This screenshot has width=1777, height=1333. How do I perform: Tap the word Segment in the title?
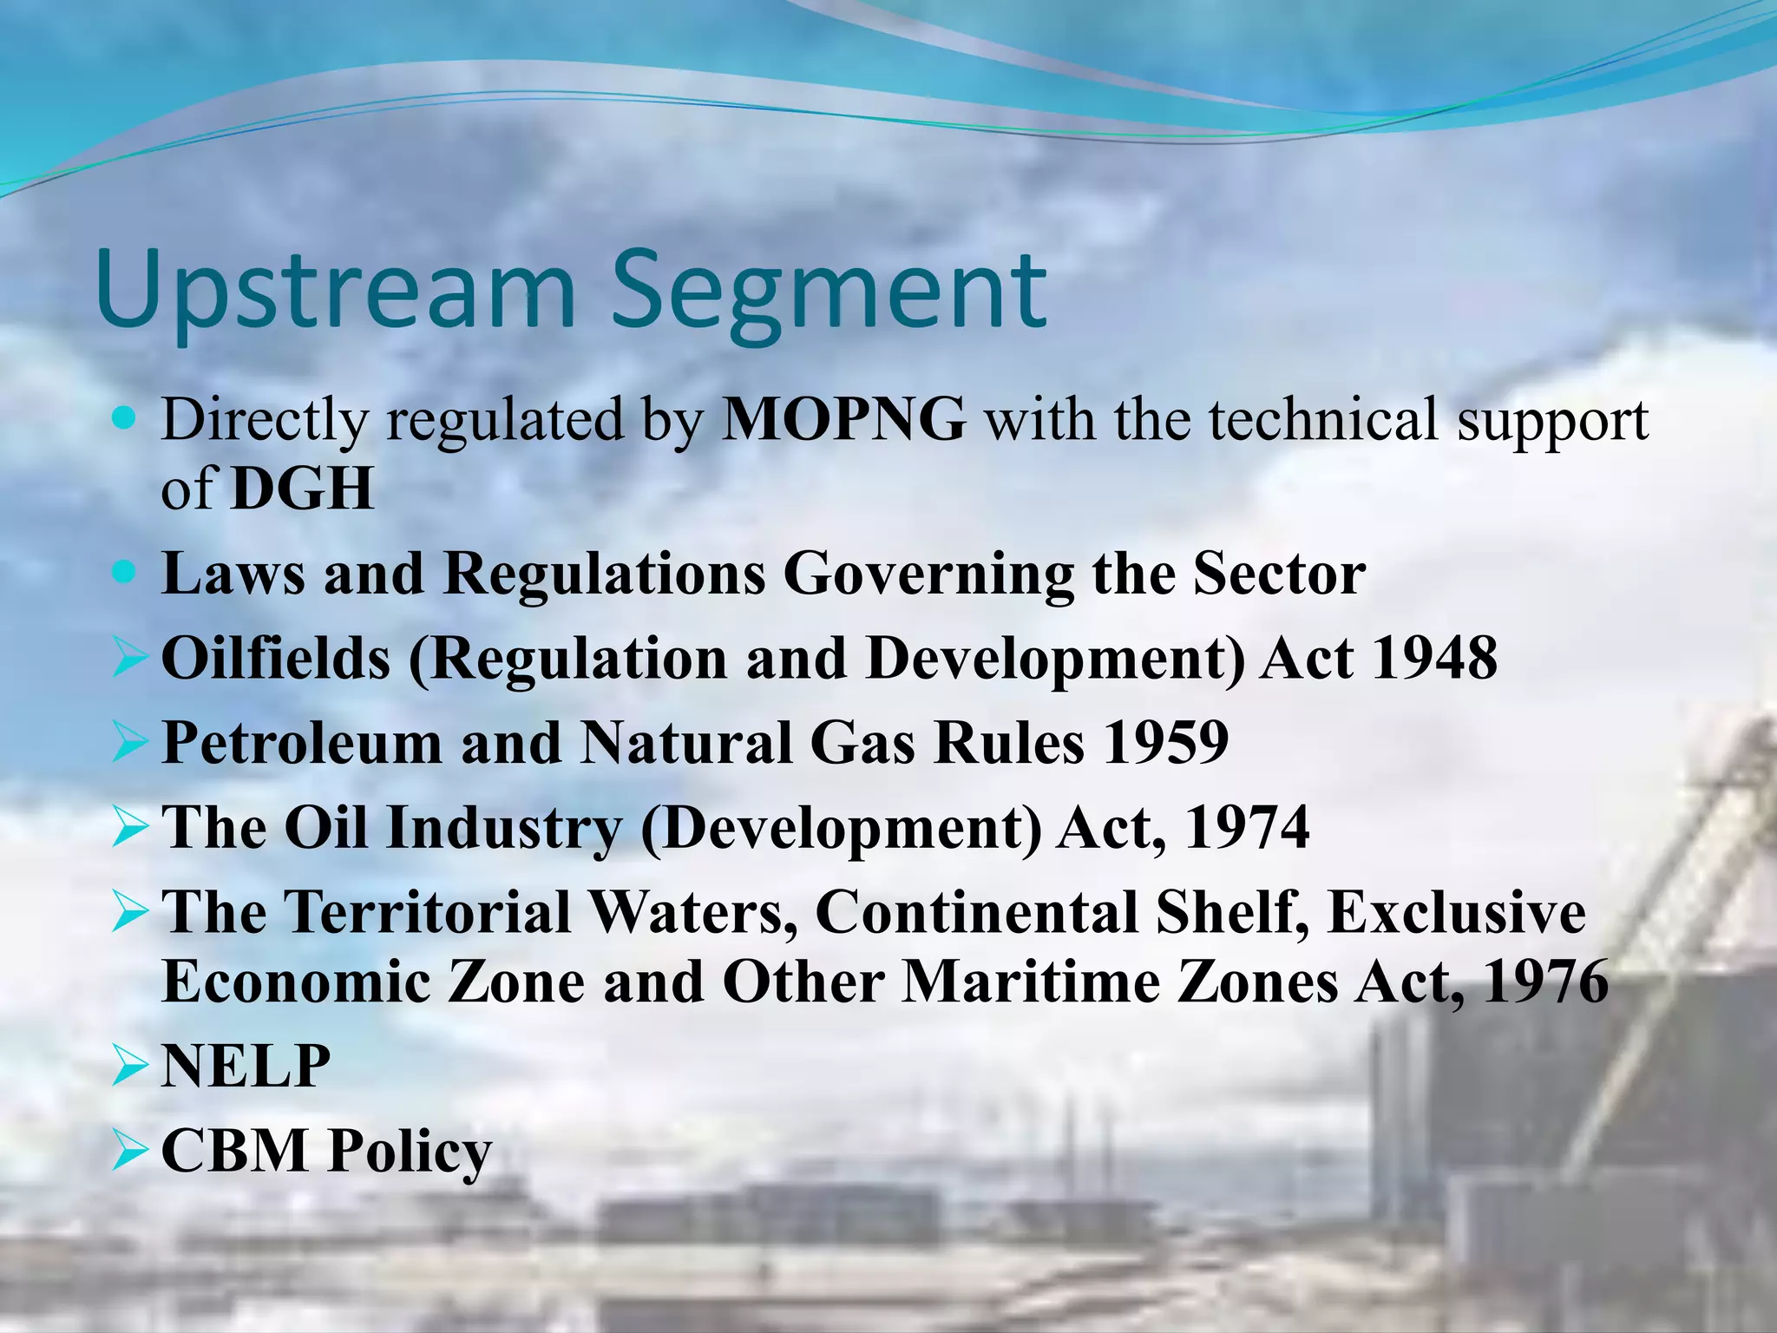click(829, 291)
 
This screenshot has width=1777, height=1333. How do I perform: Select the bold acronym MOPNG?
click(843, 420)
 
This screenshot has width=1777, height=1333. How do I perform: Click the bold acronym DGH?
click(303, 489)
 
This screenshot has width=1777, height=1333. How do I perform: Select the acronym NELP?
click(246, 1066)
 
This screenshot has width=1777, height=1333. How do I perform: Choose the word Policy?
click(410, 1152)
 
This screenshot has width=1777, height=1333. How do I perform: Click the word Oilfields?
click(276, 658)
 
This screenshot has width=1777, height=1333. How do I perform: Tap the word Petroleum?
click(302, 743)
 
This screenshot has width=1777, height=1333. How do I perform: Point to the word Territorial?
click(428, 913)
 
